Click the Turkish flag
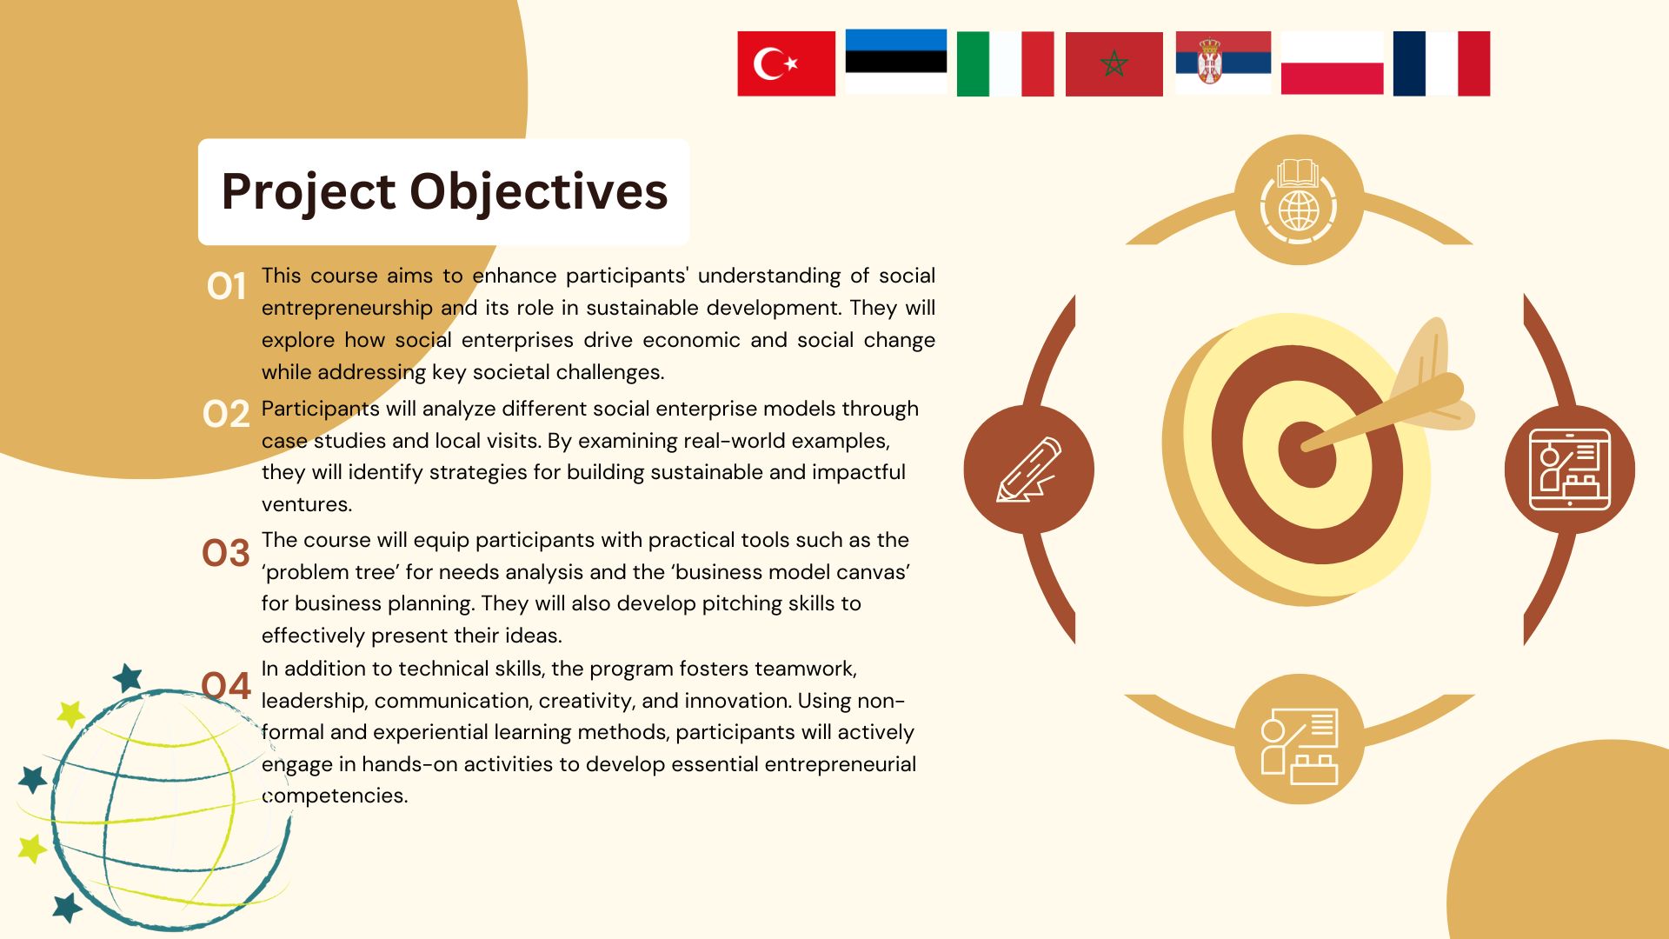click(x=786, y=63)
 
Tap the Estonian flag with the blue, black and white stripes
click(x=895, y=61)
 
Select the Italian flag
click(x=1005, y=63)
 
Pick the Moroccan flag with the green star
click(x=1114, y=63)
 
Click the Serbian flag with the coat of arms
click(x=1223, y=63)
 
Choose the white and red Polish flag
click(x=1332, y=63)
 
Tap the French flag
click(x=1441, y=63)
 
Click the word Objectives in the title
click(x=539, y=192)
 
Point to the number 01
click(x=226, y=286)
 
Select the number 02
click(x=226, y=414)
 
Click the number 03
click(x=226, y=553)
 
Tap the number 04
click(x=226, y=686)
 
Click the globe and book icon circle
click(x=1299, y=200)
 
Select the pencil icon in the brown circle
click(x=1029, y=469)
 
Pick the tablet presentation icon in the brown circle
click(x=1570, y=469)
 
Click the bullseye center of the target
click(x=1306, y=453)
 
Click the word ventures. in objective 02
click(x=307, y=504)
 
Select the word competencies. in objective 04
click(x=335, y=796)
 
